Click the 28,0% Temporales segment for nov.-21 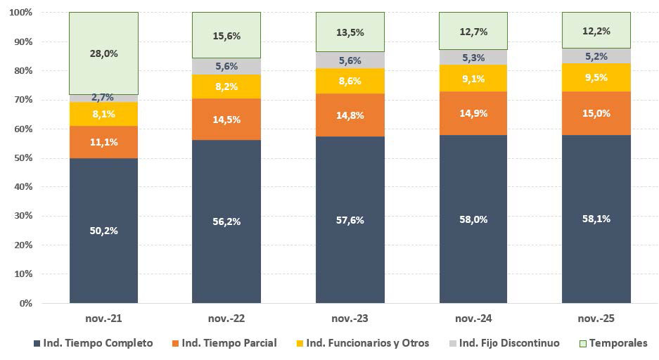click(x=103, y=53)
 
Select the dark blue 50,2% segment click(x=103, y=231)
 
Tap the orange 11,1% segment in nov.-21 click(x=103, y=142)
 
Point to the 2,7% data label click(x=103, y=98)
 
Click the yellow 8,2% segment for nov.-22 click(x=226, y=86)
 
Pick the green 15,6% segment click(x=226, y=35)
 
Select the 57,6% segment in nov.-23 click(x=350, y=219)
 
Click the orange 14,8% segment click(x=350, y=115)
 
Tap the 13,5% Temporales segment click(x=350, y=32)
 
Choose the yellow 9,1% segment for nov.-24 click(x=473, y=78)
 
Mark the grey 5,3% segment click(x=473, y=57)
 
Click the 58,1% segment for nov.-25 click(x=596, y=219)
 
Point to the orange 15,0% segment click(x=596, y=113)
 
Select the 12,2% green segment click(x=596, y=30)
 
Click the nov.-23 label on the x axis click(x=350, y=319)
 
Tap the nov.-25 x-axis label click(x=596, y=319)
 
